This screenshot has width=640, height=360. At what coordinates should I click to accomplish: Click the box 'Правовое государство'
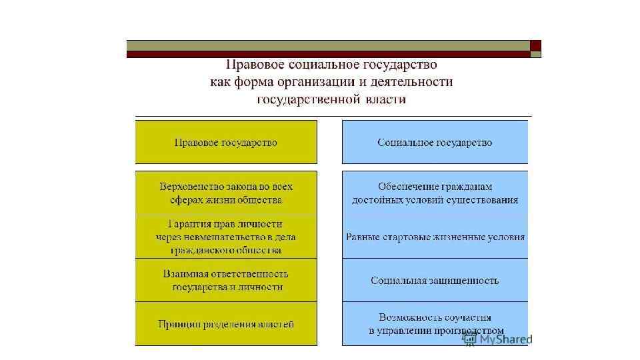(x=226, y=142)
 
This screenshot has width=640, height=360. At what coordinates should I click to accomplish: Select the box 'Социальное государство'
(x=435, y=142)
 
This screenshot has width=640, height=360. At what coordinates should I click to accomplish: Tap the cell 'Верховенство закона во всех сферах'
(x=226, y=193)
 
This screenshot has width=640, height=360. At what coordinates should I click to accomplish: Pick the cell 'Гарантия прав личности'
(x=226, y=237)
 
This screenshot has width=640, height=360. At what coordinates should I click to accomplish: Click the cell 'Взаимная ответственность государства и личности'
(x=226, y=280)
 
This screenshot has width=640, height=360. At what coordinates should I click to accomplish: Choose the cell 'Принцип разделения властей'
(x=226, y=324)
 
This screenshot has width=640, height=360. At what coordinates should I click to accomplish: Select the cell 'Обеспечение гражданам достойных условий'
(x=435, y=193)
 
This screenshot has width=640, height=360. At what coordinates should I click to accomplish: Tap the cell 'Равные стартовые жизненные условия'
(x=435, y=237)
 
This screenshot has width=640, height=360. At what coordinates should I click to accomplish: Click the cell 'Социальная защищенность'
(x=435, y=280)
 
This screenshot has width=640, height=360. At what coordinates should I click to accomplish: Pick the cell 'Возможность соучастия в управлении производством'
(x=435, y=324)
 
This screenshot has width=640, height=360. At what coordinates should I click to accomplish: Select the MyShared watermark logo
(x=497, y=339)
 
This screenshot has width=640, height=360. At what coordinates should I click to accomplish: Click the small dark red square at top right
(x=535, y=45)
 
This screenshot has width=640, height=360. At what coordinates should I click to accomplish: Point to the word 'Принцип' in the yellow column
(x=177, y=324)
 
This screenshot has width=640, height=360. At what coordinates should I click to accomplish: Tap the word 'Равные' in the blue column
(x=361, y=237)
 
